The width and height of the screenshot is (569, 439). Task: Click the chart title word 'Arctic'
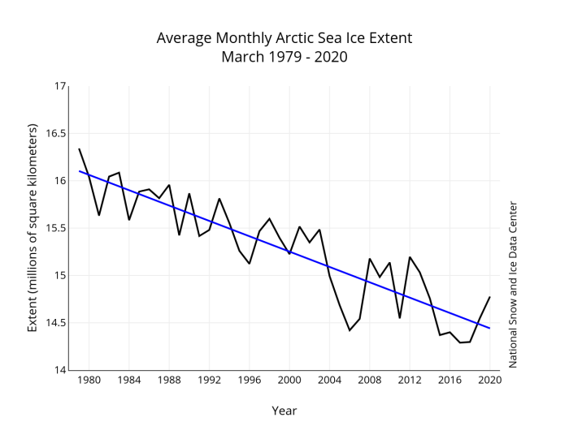click(284, 39)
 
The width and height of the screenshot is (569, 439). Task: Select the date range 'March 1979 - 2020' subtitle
click(284, 58)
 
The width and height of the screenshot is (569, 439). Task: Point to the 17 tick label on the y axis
click(59, 86)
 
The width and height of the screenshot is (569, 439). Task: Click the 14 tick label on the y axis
click(59, 371)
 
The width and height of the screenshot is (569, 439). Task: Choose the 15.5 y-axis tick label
click(54, 228)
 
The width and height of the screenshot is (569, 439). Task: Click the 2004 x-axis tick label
click(329, 380)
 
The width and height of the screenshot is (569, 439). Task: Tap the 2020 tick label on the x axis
click(489, 380)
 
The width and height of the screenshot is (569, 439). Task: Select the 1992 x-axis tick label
click(209, 380)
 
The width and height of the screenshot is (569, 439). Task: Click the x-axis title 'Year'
click(284, 411)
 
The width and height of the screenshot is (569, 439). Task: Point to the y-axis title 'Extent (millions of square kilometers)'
click(33, 228)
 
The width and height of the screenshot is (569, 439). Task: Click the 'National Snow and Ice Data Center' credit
click(513, 285)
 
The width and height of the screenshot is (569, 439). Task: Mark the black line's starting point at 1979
click(79, 148)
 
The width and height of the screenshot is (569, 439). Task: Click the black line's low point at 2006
click(350, 330)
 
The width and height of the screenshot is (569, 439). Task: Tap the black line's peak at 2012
click(410, 257)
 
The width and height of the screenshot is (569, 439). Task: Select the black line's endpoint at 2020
click(489, 297)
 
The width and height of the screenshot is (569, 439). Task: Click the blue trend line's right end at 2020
click(489, 328)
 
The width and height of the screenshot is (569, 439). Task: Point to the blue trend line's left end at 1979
click(79, 171)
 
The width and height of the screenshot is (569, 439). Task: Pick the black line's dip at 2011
click(399, 317)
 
